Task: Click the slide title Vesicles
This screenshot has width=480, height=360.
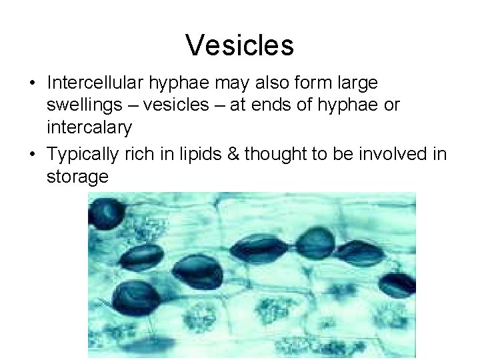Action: (239, 45)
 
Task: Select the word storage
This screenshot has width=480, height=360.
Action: (77, 177)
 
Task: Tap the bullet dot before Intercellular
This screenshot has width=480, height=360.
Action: (32, 84)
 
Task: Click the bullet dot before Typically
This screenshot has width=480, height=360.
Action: (32, 154)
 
